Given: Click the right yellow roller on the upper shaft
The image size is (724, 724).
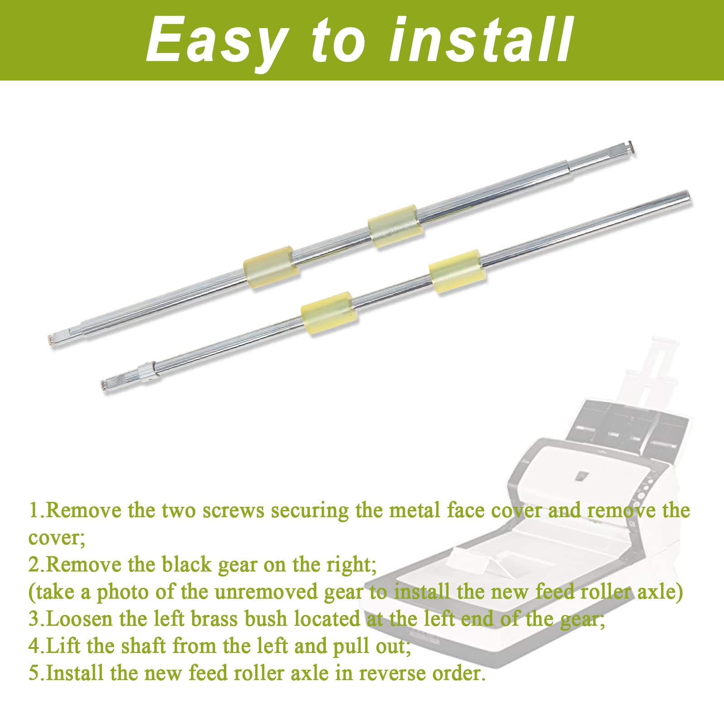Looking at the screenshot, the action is pos(395,226).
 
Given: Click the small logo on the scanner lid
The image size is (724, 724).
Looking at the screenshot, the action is pos(581,476).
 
